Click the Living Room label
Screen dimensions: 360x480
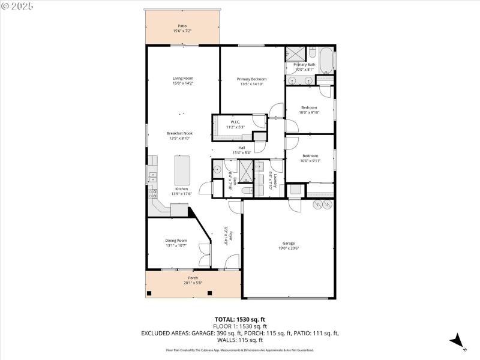(183, 78)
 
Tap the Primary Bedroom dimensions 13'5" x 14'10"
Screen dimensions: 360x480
(251, 85)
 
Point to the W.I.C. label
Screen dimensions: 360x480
(235, 122)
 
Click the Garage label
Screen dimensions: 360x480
(288, 243)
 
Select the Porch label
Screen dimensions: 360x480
(193, 278)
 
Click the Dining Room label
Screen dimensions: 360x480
(176, 240)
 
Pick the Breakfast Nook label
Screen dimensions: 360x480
(179, 133)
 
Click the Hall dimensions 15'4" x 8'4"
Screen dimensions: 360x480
(242, 152)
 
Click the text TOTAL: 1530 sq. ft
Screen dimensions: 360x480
(239, 319)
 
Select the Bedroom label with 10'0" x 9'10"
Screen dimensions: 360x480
(309, 107)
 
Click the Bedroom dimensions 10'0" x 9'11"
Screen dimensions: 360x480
(309, 161)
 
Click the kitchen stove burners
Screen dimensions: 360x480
(154, 194)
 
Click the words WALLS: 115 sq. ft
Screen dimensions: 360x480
(239, 340)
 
